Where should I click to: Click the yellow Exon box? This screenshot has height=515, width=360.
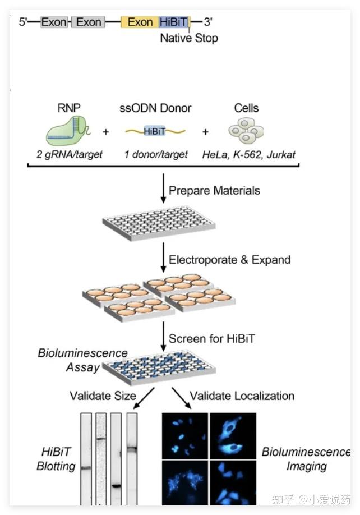point(140,22)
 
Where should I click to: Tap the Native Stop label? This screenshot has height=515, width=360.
point(189,38)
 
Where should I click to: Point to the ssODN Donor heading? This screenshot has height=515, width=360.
point(155,108)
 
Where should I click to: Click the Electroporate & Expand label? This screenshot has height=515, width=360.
point(229,260)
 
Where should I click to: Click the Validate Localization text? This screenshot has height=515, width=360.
point(242,396)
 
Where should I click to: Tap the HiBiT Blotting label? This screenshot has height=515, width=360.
point(56,459)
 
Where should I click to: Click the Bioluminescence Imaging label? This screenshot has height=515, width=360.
point(306,459)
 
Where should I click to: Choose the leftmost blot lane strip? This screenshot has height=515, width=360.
point(86,458)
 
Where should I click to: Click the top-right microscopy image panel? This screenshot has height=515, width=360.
point(232,435)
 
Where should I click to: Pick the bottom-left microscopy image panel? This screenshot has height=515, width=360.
point(184,482)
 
